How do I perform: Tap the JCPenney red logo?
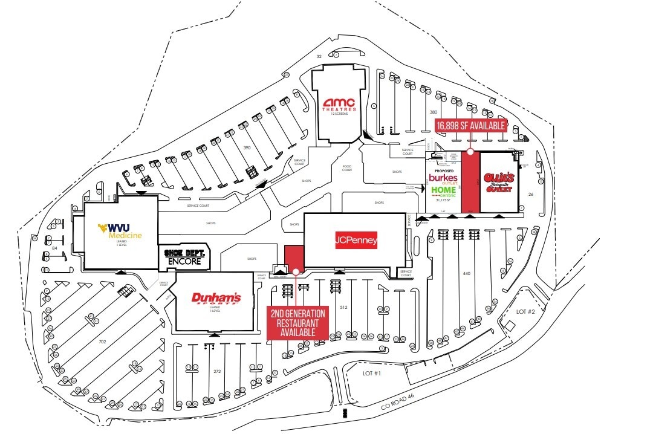pos(357,241)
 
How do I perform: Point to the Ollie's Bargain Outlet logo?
pos(499,183)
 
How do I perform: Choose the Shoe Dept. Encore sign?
pos(184,257)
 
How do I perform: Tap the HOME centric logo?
pos(443,192)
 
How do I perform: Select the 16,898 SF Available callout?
pos(470,125)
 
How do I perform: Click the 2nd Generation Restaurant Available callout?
pos(297,323)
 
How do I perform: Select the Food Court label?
pos(346,168)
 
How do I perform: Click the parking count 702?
pos(102,342)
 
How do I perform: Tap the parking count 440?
pos(466,273)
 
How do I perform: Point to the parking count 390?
pos(247,147)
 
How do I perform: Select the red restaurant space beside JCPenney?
pos(293,257)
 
